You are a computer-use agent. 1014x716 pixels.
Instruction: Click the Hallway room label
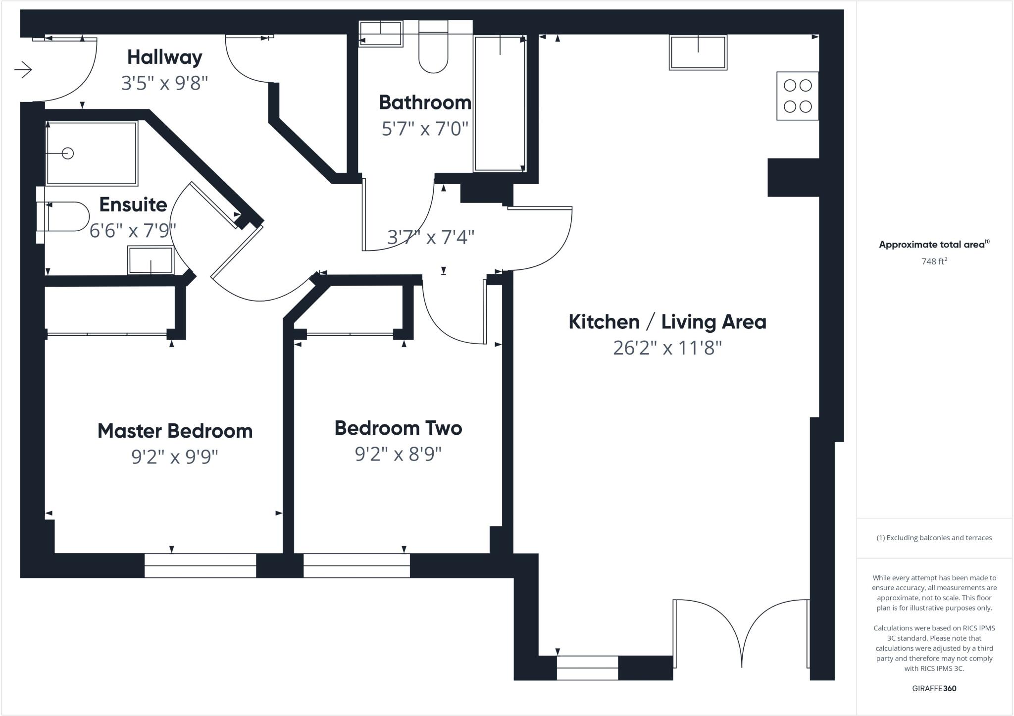(x=164, y=57)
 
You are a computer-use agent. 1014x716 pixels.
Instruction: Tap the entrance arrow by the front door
(x=23, y=70)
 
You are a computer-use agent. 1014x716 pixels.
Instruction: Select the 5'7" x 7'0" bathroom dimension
(x=424, y=129)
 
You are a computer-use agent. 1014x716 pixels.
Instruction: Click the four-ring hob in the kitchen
(x=797, y=96)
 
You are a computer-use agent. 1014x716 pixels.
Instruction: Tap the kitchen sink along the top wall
(x=698, y=52)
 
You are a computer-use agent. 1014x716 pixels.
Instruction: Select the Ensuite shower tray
(x=91, y=153)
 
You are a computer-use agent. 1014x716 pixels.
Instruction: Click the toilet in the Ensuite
(x=64, y=216)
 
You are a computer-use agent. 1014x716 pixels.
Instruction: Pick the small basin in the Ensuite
(x=151, y=260)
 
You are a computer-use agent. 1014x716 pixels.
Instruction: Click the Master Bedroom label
(x=175, y=431)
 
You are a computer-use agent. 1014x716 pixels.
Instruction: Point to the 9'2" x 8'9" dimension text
(x=398, y=454)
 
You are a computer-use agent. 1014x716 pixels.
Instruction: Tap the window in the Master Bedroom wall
(x=200, y=565)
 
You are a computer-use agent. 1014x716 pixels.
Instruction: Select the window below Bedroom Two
(x=356, y=565)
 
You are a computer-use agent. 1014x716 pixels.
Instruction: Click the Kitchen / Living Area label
(x=667, y=322)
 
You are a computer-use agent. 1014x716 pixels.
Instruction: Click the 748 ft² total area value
(x=934, y=261)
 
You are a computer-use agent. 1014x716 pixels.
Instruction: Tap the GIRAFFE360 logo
(x=934, y=688)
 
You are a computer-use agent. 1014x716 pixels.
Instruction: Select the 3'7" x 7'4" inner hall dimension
(x=430, y=237)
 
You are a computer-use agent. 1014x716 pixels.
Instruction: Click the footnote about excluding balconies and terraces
(x=934, y=538)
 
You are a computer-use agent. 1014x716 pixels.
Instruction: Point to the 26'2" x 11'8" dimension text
(x=667, y=348)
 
